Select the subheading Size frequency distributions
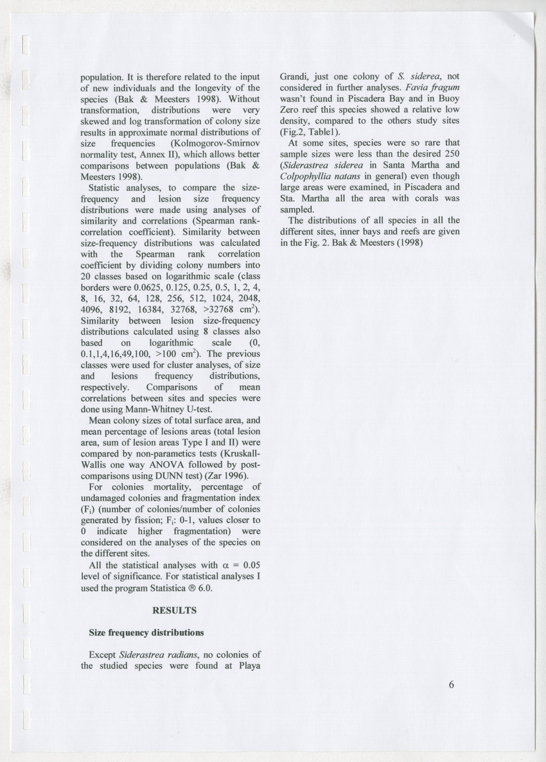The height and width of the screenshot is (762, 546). tap(146, 632)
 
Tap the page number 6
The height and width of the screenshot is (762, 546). tap(452, 684)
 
